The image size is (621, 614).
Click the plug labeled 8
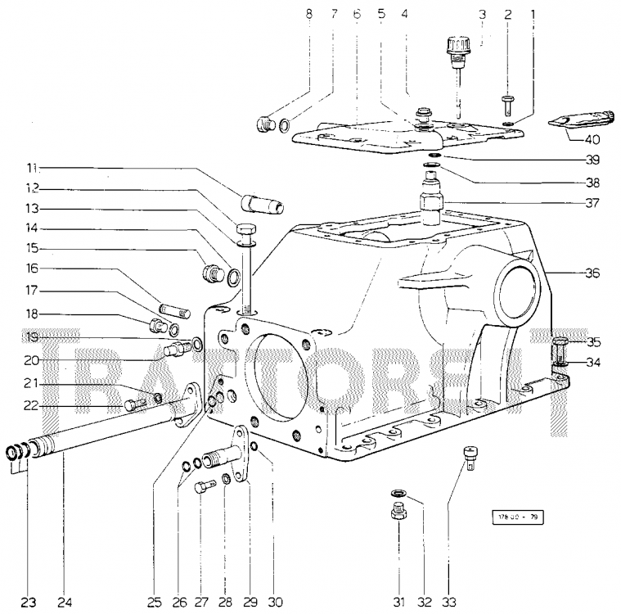(263, 125)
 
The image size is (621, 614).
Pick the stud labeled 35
(561, 350)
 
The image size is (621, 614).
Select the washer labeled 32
(398, 494)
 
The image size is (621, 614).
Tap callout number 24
(65, 602)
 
